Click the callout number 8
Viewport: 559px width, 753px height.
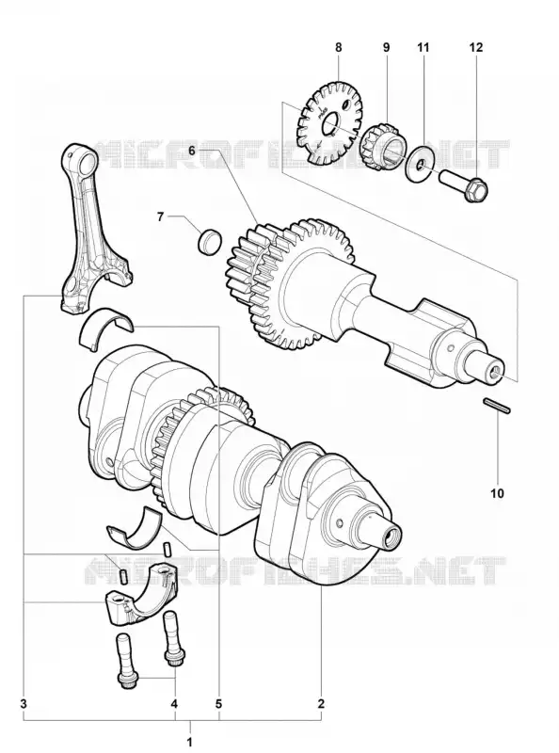pos(339,48)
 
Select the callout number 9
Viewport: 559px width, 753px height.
pos(386,48)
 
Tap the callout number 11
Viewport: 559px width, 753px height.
pos(423,48)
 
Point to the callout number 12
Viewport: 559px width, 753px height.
pos(476,48)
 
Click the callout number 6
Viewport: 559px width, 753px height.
pos(192,151)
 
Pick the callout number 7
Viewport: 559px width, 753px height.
pos(160,216)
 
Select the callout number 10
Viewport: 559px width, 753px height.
pos(498,493)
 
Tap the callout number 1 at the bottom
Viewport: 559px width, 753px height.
pos(190,742)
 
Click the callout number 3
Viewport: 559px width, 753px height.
pos(24,704)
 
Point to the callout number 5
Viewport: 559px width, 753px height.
pos(218,704)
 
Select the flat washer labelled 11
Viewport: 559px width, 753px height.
pos(421,164)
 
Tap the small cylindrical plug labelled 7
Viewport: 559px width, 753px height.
pos(210,240)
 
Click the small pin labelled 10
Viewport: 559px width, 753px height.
pos(497,406)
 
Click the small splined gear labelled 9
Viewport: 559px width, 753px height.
pos(384,145)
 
